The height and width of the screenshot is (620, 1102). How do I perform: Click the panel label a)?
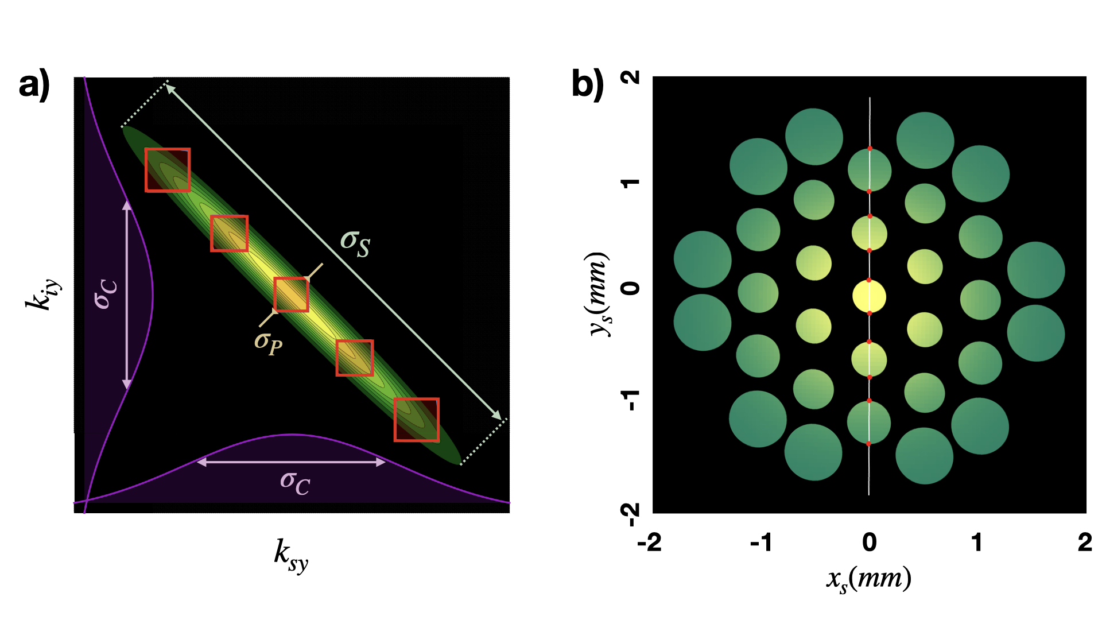click(x=34, y=85)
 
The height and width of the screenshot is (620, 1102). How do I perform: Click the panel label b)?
click(x=588, y=85)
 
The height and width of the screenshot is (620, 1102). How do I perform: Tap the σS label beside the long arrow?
click(x=355, y=243)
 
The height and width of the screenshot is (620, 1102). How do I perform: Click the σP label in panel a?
click(x=269, y=343)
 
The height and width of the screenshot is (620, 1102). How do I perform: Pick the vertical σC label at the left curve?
click(x=106, y=294)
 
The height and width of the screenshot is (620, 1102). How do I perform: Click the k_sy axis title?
click(x=291, y=555)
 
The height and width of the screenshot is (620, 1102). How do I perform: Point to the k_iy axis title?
click(x=42, y=294)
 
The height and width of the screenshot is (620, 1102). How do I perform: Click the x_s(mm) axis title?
click(x=869, y=579)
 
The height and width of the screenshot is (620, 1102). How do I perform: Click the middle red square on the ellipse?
click(x=291, y=294)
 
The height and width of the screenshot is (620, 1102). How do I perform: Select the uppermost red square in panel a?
click(x=168, y=170)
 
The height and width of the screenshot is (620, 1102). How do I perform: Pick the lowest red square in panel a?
click(x=417, y=420)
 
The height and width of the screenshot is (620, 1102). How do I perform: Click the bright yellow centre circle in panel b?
click(x=869, y=297)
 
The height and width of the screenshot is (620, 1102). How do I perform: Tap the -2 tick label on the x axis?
click(x=650, y=542)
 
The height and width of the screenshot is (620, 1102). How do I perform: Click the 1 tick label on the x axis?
click(x=977, y=542)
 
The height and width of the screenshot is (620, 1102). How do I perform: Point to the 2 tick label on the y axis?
click(x=631, y=77)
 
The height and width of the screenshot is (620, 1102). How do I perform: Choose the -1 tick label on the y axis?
click(x=631, y=400)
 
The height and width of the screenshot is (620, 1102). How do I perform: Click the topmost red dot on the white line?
click(x=870, y=149)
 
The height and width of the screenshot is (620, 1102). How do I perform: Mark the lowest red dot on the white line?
click(x=868, y=444)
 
